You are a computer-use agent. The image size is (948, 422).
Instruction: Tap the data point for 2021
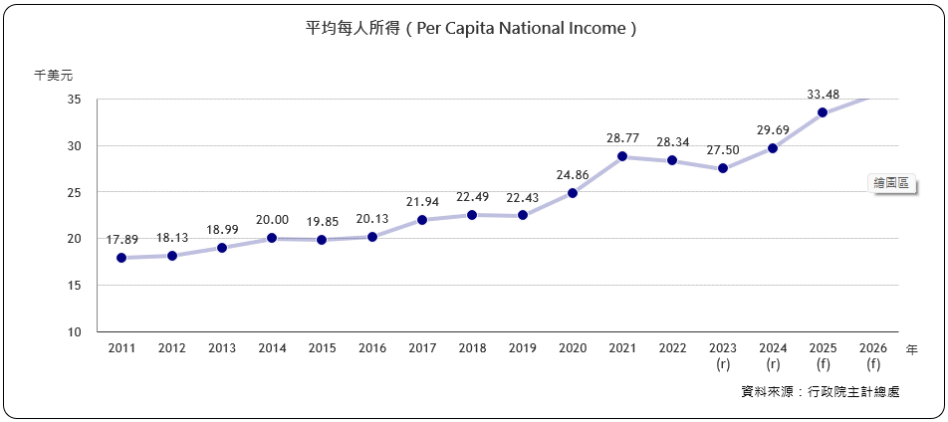[x=622, y=156]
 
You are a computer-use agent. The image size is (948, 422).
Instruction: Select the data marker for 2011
[x=121, y=258]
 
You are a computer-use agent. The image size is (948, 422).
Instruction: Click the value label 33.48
[x=823, y=95]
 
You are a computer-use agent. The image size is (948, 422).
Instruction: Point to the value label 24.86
[x=573, y=175]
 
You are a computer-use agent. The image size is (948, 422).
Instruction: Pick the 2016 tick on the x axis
[x=372, y=348]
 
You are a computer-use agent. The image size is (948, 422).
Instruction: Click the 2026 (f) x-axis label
[x=873, y=355]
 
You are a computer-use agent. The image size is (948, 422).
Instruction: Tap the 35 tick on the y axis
[x=75, y=100]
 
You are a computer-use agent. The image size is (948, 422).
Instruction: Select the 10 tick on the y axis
[x=75, y=331]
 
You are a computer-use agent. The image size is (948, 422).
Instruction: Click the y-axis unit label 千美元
[x=53, y=75]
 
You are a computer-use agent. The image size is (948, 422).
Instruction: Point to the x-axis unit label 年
[x=912, y=349]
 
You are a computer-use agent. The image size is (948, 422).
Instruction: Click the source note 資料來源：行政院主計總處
[x=821, y=392]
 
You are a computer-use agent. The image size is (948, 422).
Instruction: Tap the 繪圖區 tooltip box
[x=890, y=183]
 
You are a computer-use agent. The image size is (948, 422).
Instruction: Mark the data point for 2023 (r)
[x=723, y=168]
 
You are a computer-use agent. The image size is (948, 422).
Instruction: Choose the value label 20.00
[x=272, y=220]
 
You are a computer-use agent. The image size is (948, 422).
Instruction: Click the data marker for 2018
[x=472, y=215]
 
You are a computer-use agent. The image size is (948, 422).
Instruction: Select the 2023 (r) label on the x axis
[x=723, y=355]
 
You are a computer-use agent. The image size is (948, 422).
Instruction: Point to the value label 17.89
[x=121, y=240]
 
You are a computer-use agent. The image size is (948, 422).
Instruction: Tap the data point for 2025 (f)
[x=823, y=112]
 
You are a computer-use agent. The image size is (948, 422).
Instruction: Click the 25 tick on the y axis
[x=75, y=192]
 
